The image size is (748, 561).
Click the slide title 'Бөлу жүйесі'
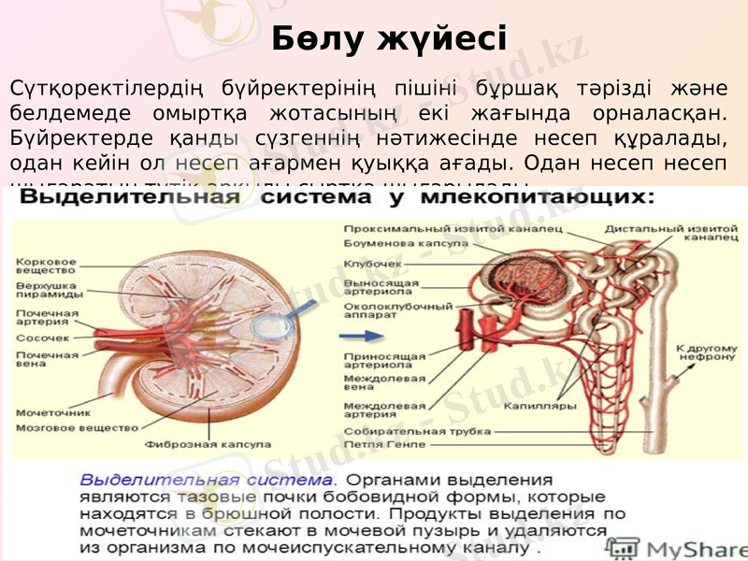389,39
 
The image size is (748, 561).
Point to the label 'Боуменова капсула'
391,243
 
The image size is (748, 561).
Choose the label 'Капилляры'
534,407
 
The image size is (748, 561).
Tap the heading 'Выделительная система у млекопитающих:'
338,198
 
